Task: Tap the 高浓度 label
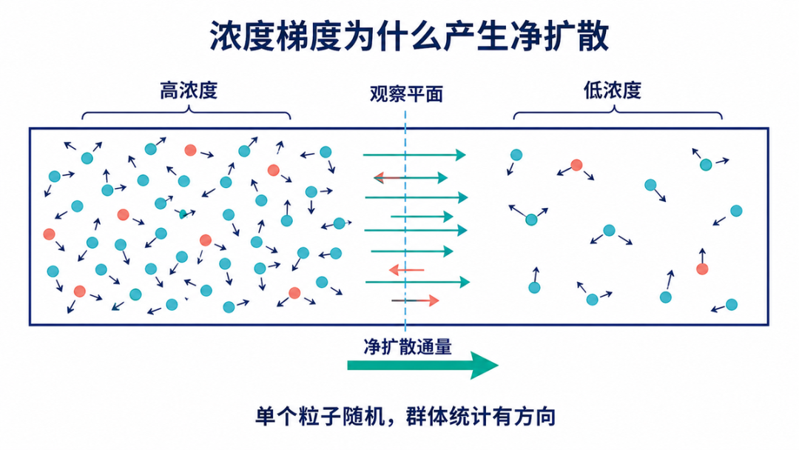tap(189, 91)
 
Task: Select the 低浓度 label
tap(612, 90)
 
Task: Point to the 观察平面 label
tap(406, 94)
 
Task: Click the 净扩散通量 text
tap(408, 346)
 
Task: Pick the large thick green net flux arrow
tap(422, 365)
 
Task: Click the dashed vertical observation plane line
tap(405, 219)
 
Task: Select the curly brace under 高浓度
tap(186, 113)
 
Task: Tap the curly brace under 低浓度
tap(617, 113)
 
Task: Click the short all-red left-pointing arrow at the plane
tap(406, 269)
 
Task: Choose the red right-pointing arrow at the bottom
tap(415, 300)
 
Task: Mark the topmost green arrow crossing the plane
tap(414, 155)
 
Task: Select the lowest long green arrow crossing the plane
tap(417, 282)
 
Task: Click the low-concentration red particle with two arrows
tap(576, 165)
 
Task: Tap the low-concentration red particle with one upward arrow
tap(702, 269)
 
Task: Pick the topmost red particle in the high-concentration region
tap(190, 150)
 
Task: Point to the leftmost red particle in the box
tap(49, 234)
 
